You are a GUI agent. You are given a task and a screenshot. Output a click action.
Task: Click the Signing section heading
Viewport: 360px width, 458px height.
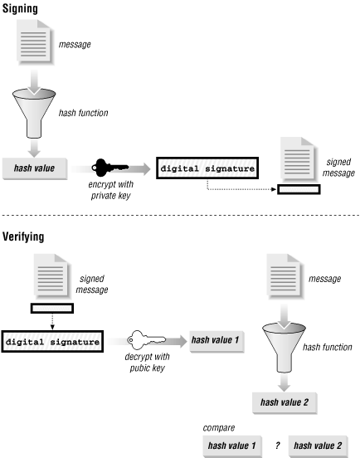pos(23,7)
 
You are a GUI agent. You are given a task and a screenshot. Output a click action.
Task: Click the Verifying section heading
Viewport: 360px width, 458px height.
pos(27,236)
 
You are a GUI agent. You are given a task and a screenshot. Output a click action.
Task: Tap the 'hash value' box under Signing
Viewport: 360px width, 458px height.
pos(35,167)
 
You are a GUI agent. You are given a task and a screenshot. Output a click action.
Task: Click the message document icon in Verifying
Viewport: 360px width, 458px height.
pos(283,278)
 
